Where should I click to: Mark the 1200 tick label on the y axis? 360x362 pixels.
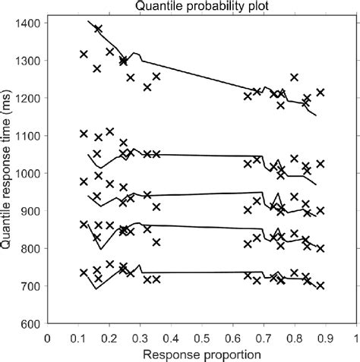[28, 98]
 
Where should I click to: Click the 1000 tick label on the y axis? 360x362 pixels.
[28, 173]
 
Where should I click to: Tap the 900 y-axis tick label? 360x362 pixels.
[31, 211]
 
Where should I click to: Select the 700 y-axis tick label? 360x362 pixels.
[31, 286]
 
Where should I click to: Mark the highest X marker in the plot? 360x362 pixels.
[98, 29]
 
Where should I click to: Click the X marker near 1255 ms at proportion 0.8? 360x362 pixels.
[294, 77]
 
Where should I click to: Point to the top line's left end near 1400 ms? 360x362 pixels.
[88, 21]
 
